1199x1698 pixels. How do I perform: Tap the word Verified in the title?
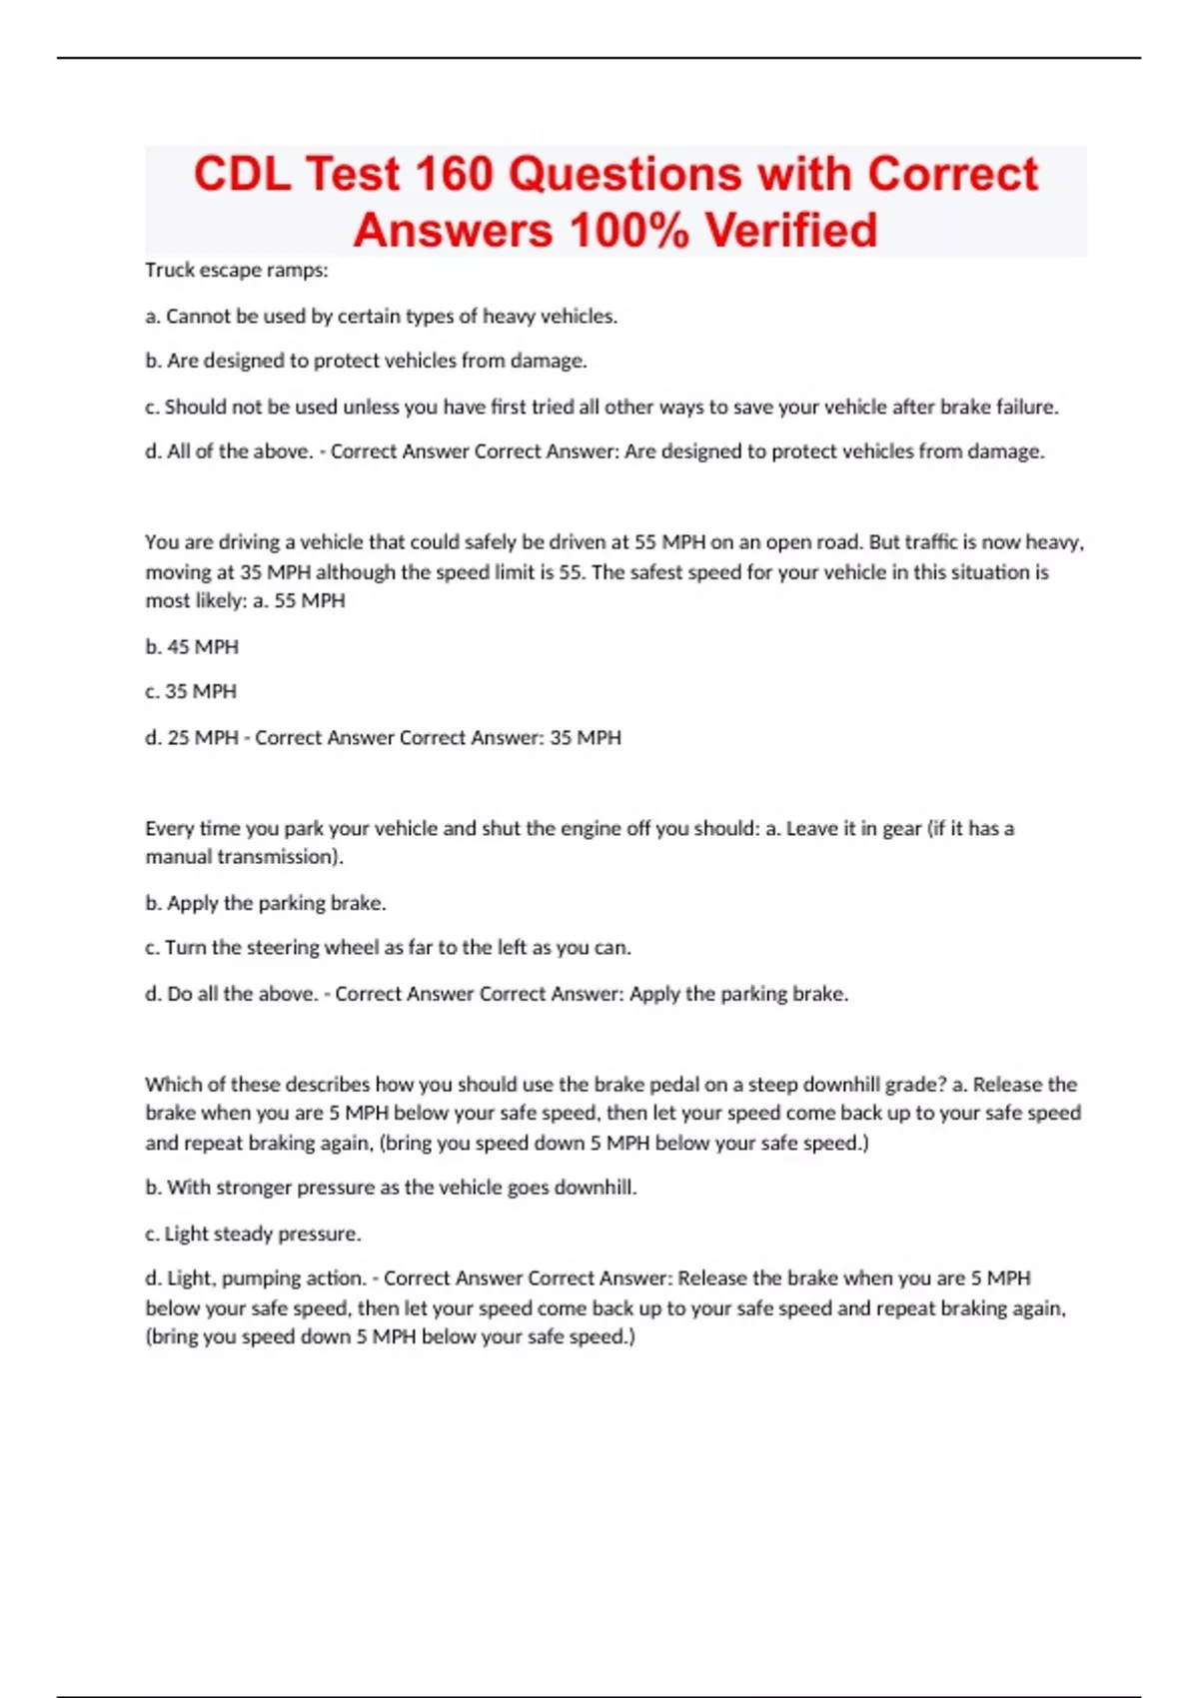[x=790, y=230]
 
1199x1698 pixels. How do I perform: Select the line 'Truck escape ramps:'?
[x=237, y=270]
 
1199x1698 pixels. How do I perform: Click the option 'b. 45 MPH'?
[x=192, y=646]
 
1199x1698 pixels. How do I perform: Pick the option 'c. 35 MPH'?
[x=191, y=691]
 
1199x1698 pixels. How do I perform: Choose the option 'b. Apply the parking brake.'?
[x=266, y=903]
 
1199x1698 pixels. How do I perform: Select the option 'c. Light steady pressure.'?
[x=253, y=1234]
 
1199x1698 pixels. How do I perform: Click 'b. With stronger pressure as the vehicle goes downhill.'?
[x=391, y=1188]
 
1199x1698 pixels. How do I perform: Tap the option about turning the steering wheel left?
[x=388, y=947]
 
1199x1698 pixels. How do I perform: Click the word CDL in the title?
[x=242, y=174]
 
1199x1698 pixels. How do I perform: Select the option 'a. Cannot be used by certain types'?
[x=381, y=316]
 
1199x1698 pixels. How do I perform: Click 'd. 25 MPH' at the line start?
[x=192, y=737]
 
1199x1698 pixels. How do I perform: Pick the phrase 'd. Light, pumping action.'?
[x=256, y=1278]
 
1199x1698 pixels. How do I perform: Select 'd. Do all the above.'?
[x=231, y=994]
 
